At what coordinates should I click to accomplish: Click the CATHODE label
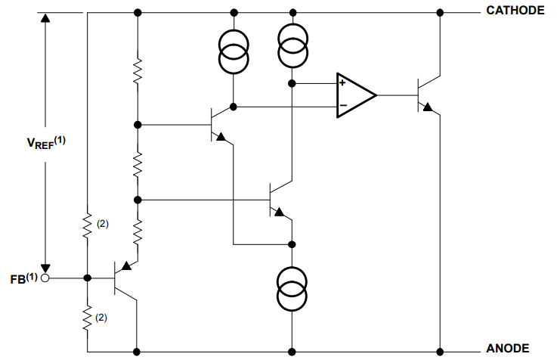(x=515, y=11)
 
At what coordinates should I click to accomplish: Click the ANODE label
(x=507, y=347)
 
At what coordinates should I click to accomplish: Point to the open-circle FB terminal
(x=45, y=278)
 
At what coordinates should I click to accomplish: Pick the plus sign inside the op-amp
(x=342, y=83)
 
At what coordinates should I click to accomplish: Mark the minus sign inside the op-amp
(x=342, y=106)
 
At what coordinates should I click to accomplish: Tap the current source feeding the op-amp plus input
(x=292, y=44)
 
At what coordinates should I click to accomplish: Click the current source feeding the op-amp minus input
(x=234, y=51)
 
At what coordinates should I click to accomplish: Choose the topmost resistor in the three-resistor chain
(x=138, y=72)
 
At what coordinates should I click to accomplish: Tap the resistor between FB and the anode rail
(x=88, y=318)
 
